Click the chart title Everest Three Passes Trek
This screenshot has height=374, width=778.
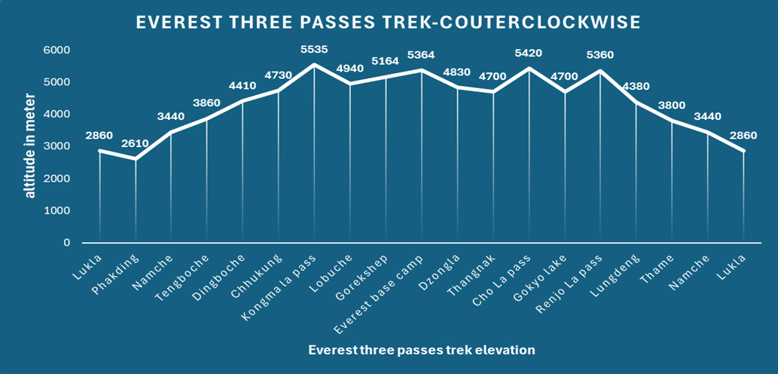tap(389, 23)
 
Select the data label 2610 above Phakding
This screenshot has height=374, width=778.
tap(136, 143)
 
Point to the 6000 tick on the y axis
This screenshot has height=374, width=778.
tap(57, 50)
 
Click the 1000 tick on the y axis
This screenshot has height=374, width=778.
tap(57, 210)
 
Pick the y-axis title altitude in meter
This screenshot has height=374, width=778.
tap(30, 146)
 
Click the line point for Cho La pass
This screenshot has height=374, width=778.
tap(529, 68)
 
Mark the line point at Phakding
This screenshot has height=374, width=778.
tap(136, 159)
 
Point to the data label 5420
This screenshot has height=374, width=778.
tap(529, 54)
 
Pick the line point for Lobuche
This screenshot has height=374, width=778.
tap(350, 84)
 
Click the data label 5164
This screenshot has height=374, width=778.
tap(386, 62)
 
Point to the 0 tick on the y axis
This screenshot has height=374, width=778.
tap(66, 243)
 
